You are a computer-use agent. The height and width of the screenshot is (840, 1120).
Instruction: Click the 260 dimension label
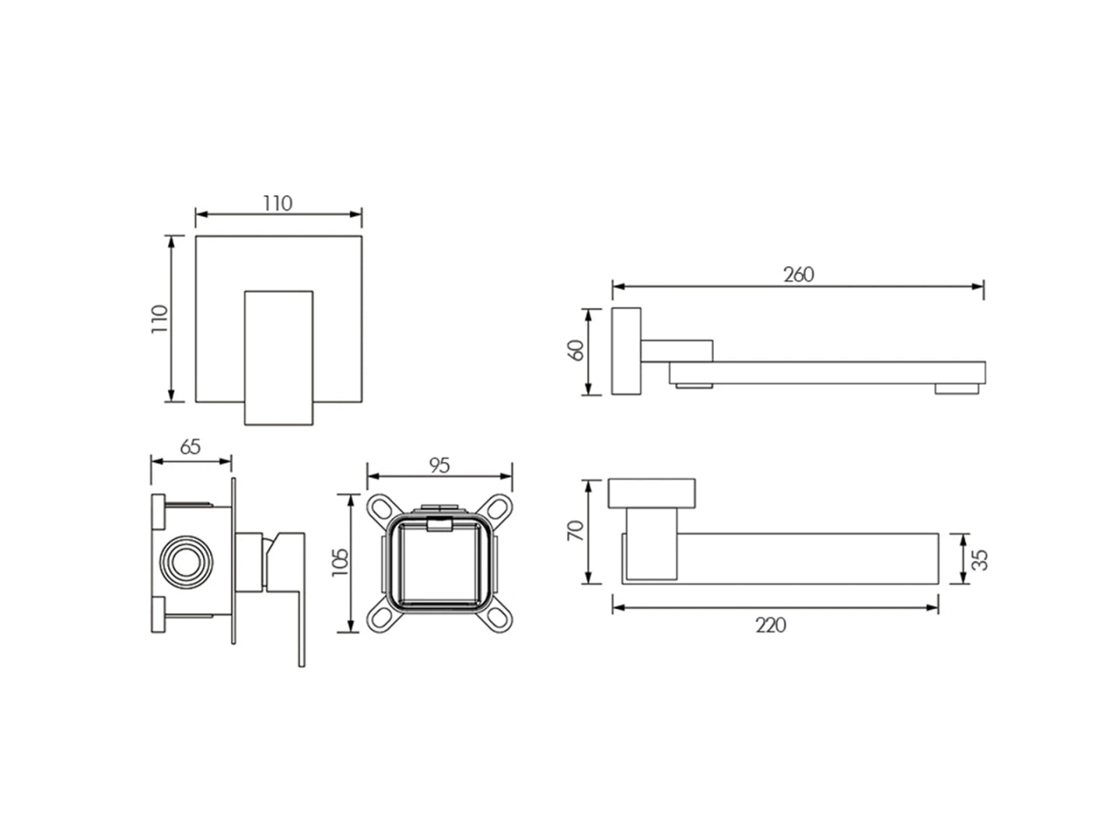click(799, 275)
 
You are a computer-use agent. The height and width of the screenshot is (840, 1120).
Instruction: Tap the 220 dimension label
click(771, 625)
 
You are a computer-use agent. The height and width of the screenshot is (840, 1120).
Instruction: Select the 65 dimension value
click(191, 446)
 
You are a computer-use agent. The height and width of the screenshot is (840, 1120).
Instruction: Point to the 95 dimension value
click(439, 465)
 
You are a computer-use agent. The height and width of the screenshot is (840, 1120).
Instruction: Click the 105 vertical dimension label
click(340, 562)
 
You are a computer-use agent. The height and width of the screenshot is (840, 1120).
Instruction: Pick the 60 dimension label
click(576, 350)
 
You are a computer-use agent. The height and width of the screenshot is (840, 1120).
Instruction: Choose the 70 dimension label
click(576, 531)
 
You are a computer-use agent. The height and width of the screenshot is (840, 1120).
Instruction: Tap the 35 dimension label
click(980, 559)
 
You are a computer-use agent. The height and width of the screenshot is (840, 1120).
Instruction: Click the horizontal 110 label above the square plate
click(278, 204)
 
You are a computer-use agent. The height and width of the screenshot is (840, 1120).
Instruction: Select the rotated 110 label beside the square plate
click(159, 319)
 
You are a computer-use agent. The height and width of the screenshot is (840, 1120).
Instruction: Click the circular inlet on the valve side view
click(186, 562)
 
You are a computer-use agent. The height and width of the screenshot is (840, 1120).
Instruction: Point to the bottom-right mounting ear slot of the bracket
click(499, 618)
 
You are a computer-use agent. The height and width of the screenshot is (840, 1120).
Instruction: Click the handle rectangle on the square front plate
click(278, 358)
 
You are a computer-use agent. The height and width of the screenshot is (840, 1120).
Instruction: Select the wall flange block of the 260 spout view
click(626, 351)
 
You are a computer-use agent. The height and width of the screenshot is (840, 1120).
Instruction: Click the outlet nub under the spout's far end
click(957, 389)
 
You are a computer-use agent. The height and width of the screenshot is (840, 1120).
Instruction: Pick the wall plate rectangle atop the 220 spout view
click(651, 493)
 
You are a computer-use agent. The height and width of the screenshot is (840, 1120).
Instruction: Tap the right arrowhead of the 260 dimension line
click(978, 287)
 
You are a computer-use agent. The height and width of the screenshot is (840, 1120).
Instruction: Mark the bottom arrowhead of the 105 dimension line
click(350, 626)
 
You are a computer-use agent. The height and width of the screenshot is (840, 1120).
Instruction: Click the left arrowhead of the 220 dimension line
click(618, 607)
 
